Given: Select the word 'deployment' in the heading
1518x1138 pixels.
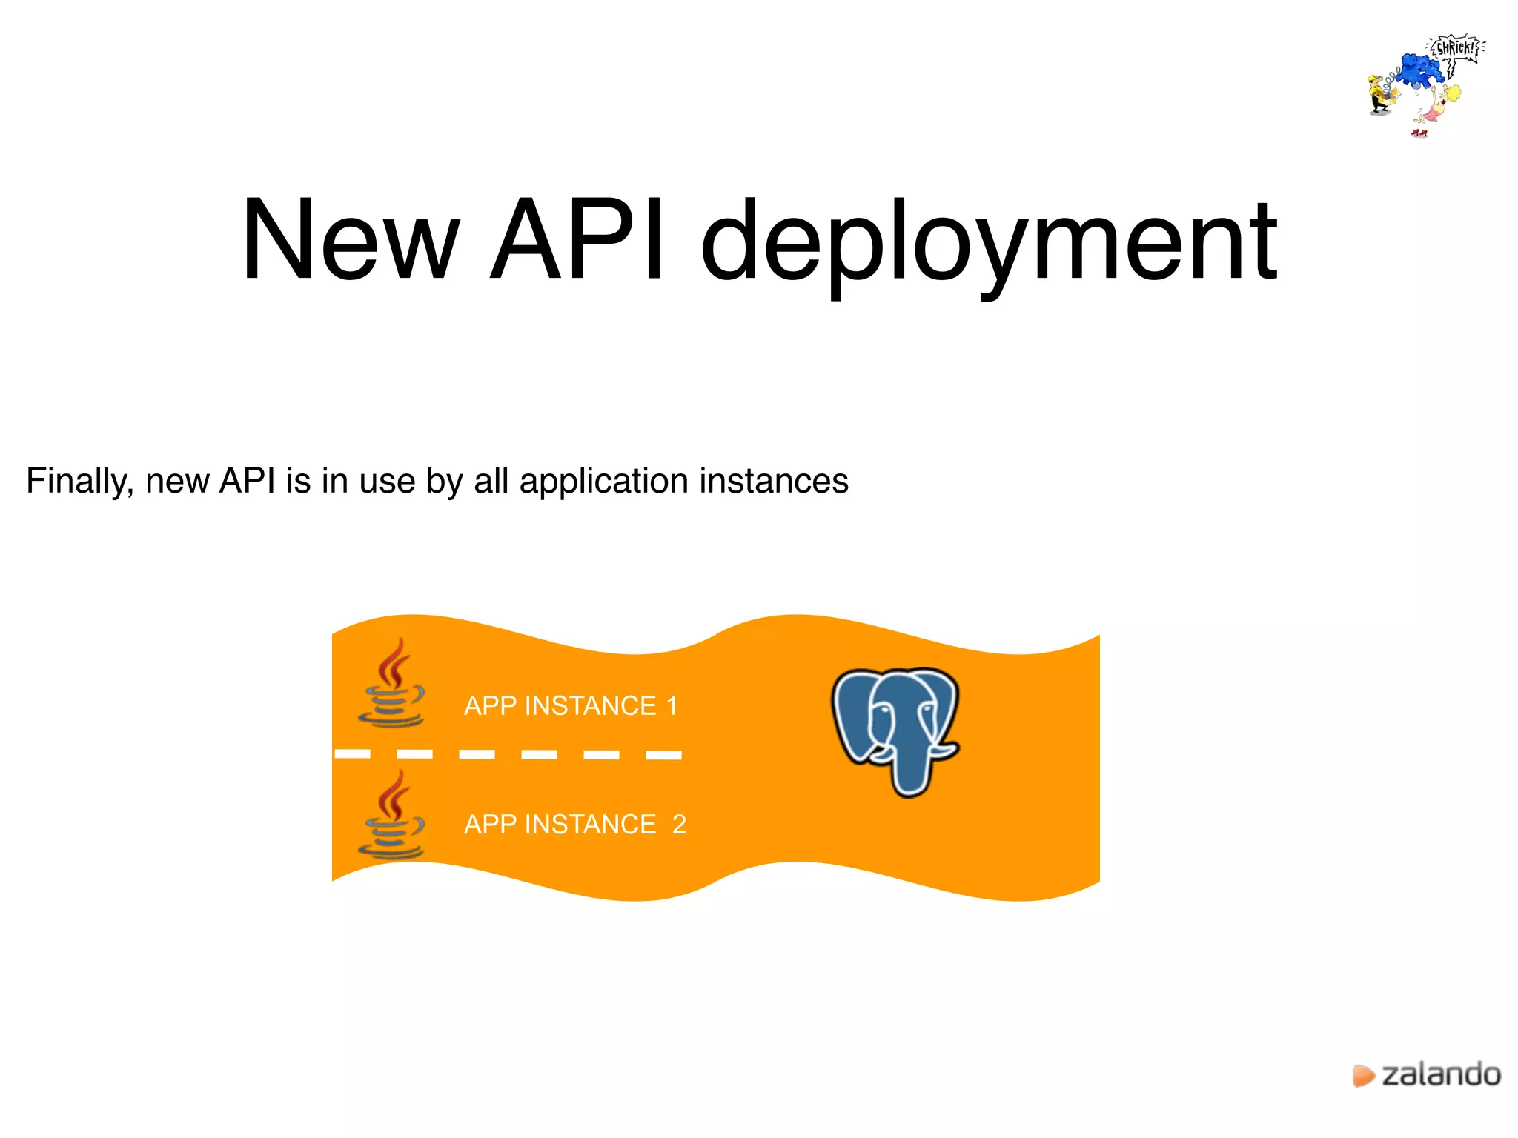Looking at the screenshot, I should tap(989, 244).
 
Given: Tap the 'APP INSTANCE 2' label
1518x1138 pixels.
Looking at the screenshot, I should tap(574, 825).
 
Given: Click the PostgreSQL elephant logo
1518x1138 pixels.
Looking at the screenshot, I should tap(895, 730).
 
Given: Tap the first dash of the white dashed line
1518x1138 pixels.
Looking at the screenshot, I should tap(353, 754).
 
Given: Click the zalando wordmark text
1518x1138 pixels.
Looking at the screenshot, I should tap(1441, 1075).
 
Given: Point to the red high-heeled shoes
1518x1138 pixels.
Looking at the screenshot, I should tap(1419, 133).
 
